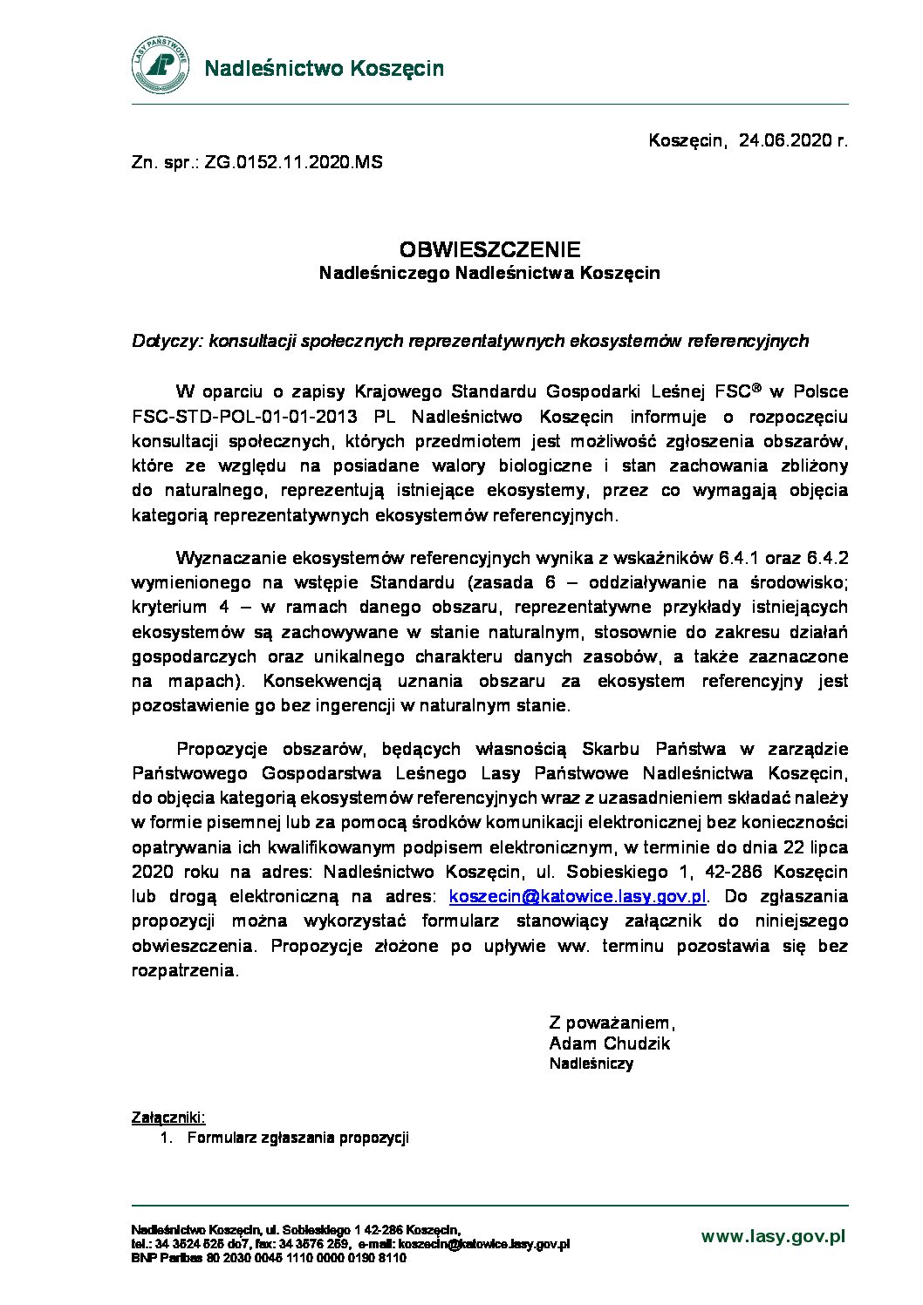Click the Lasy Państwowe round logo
point(161,66)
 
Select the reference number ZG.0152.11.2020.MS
point(293,163)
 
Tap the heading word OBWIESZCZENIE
point(489,250)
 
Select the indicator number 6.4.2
point(828,558)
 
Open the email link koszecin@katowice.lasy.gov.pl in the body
point(577,897)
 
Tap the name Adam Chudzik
point(609,1043)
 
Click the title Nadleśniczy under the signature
point(591,1064)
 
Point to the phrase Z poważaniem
point(612,1023)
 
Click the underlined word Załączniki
point(168,1118)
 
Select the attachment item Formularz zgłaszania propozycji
point(297,1138)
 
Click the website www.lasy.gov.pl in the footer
point(773,1236)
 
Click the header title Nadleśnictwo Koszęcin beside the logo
point(324,68)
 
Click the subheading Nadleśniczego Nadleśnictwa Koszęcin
point(489,274)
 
